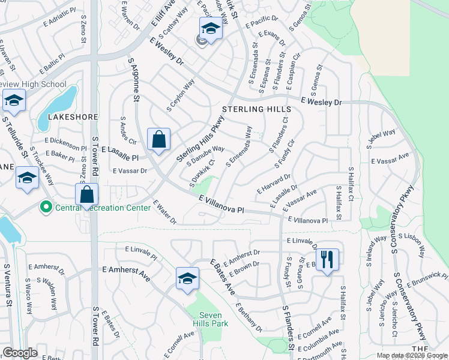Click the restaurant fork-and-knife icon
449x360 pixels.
327,260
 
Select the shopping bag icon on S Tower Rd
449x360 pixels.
87,195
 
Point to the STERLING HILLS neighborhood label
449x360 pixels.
256,109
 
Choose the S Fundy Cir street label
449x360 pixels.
286,154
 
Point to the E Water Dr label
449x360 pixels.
164,212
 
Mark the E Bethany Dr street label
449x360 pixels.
249,319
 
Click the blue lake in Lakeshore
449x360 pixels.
58,107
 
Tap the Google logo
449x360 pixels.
20,353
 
